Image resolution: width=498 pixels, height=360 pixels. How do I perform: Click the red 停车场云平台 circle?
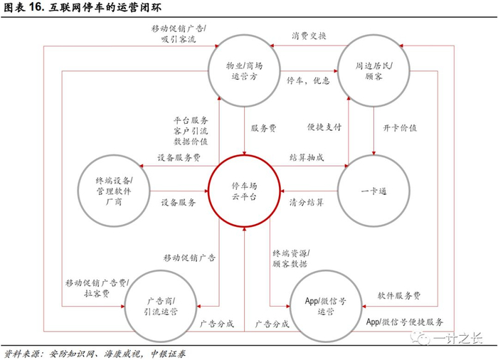[243, 191]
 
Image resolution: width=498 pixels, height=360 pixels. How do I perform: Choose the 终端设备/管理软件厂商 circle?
[113, 191]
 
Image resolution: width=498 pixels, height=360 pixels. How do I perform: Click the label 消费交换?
[309, 36]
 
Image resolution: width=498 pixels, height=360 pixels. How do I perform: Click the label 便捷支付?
[324, 128]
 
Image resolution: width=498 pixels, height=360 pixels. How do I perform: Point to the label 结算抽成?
[307, 157]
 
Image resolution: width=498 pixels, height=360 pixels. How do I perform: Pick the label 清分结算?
[307, 203]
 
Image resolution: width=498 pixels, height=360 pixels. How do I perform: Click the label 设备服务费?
[179, 157]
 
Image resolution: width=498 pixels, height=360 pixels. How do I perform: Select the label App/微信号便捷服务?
[406, 321]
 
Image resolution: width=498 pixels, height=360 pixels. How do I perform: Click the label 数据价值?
[191, 142]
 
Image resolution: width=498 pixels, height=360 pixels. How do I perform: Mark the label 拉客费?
[96, 292]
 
